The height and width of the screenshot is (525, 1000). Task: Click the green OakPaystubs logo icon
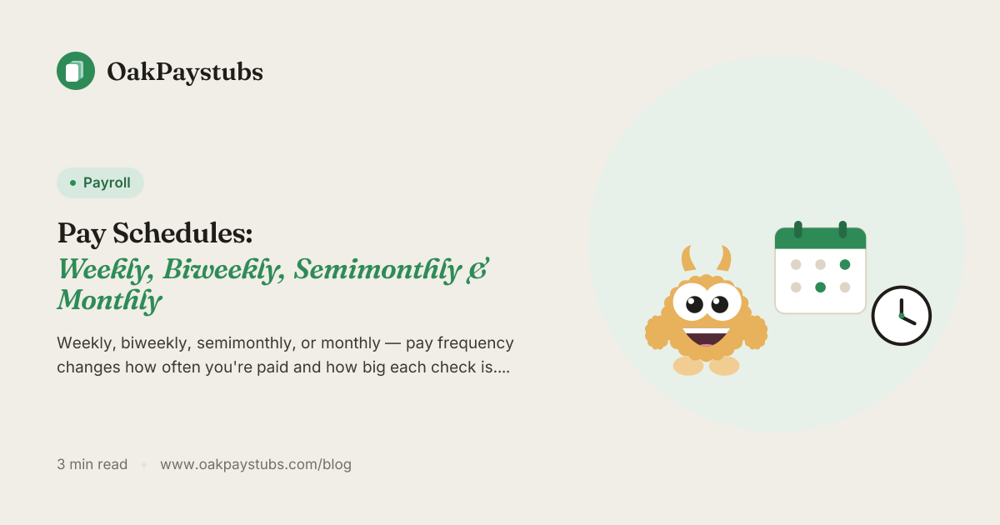tap(76, 71)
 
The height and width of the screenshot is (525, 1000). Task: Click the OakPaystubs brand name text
tap(185, 72)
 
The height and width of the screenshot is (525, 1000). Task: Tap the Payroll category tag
tap(100, 182)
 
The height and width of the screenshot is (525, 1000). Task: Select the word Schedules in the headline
tap(182, 232)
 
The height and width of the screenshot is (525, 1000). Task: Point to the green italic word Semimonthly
tap(377, 270)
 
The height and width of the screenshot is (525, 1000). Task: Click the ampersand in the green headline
tap(477, 270)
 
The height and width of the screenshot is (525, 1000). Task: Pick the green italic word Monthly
tap(109, 300)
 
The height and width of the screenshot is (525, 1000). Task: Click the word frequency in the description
tap(476, 343)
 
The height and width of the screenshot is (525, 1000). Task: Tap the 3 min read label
tap(92, 464)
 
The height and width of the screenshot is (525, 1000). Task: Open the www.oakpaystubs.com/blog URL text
tap(256, 464)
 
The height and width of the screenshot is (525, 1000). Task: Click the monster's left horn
tap(688, 258)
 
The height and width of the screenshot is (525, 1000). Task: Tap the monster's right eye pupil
tap(720, 305)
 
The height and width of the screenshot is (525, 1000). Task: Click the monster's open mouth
tap(707, 337)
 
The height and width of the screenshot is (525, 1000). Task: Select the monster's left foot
tap(688, 366)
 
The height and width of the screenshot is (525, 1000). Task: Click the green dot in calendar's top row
tap(845, 264)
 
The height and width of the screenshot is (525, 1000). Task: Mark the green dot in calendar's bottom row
tap(820, 287)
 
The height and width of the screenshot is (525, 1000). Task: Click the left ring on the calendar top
tap(798, 229)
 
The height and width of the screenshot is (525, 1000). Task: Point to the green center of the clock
tap(902, 316)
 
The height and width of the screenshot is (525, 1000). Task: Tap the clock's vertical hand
tap(902, 307)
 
